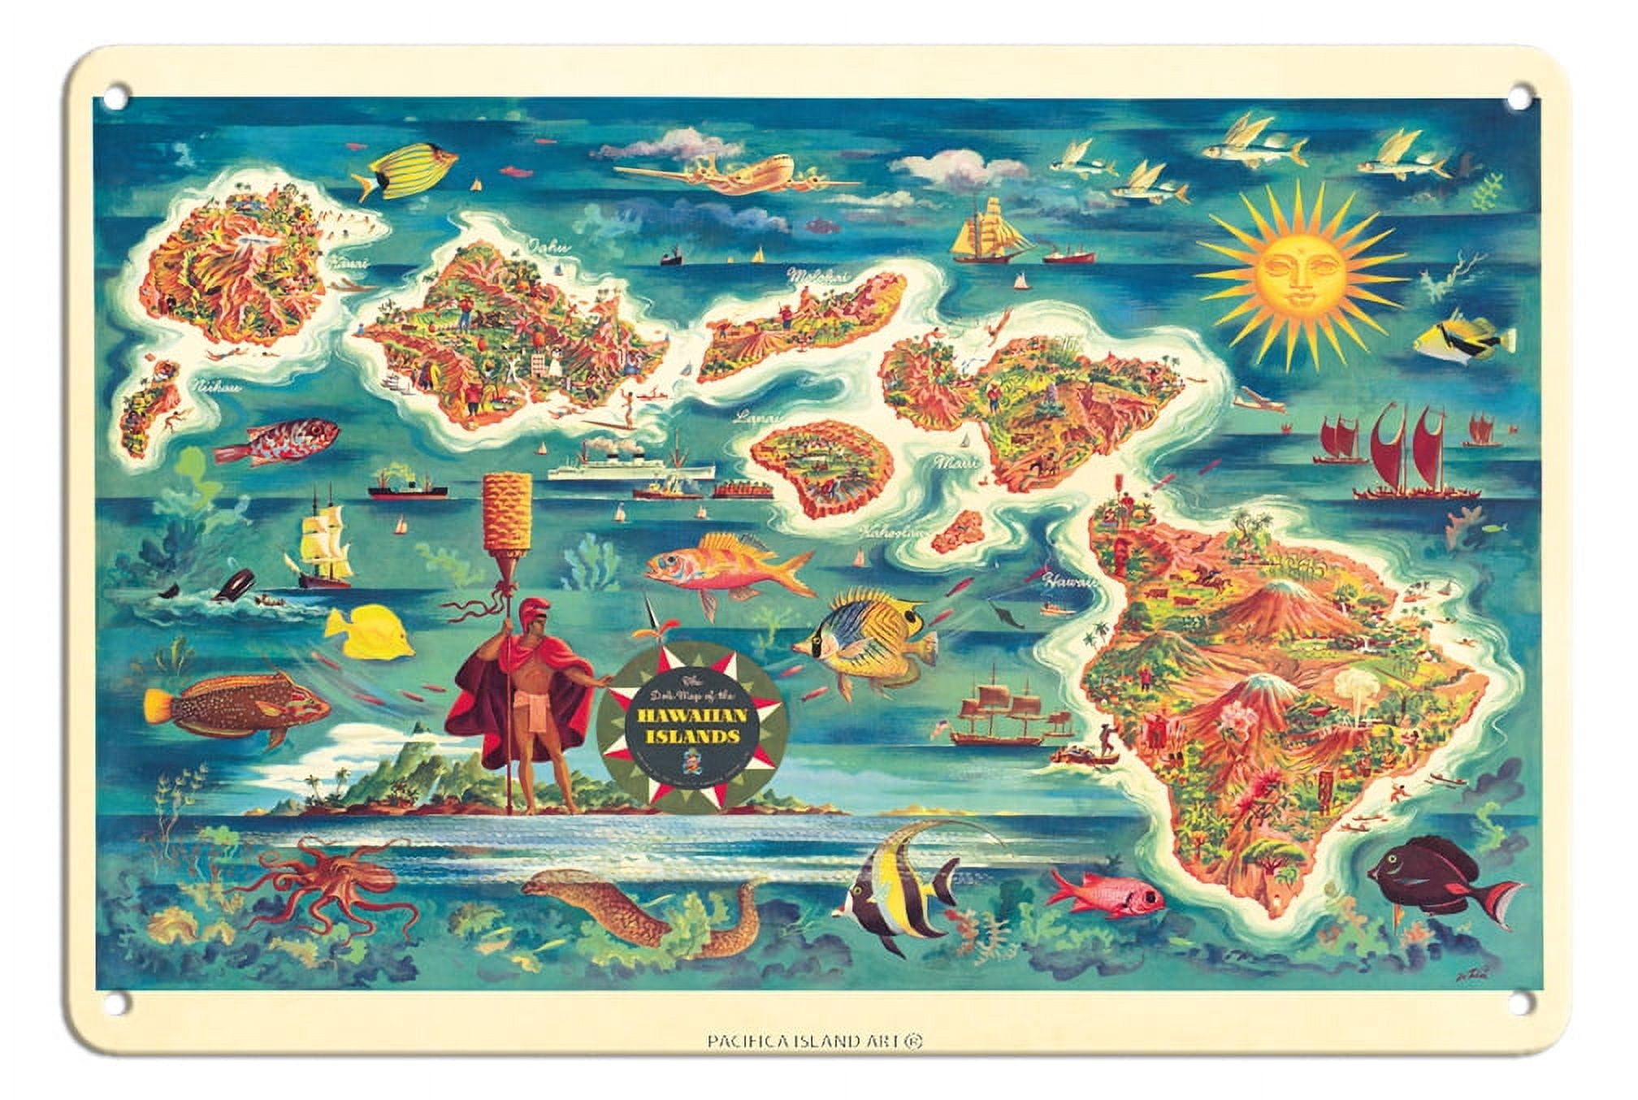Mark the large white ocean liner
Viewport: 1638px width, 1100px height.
coord(630,467)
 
